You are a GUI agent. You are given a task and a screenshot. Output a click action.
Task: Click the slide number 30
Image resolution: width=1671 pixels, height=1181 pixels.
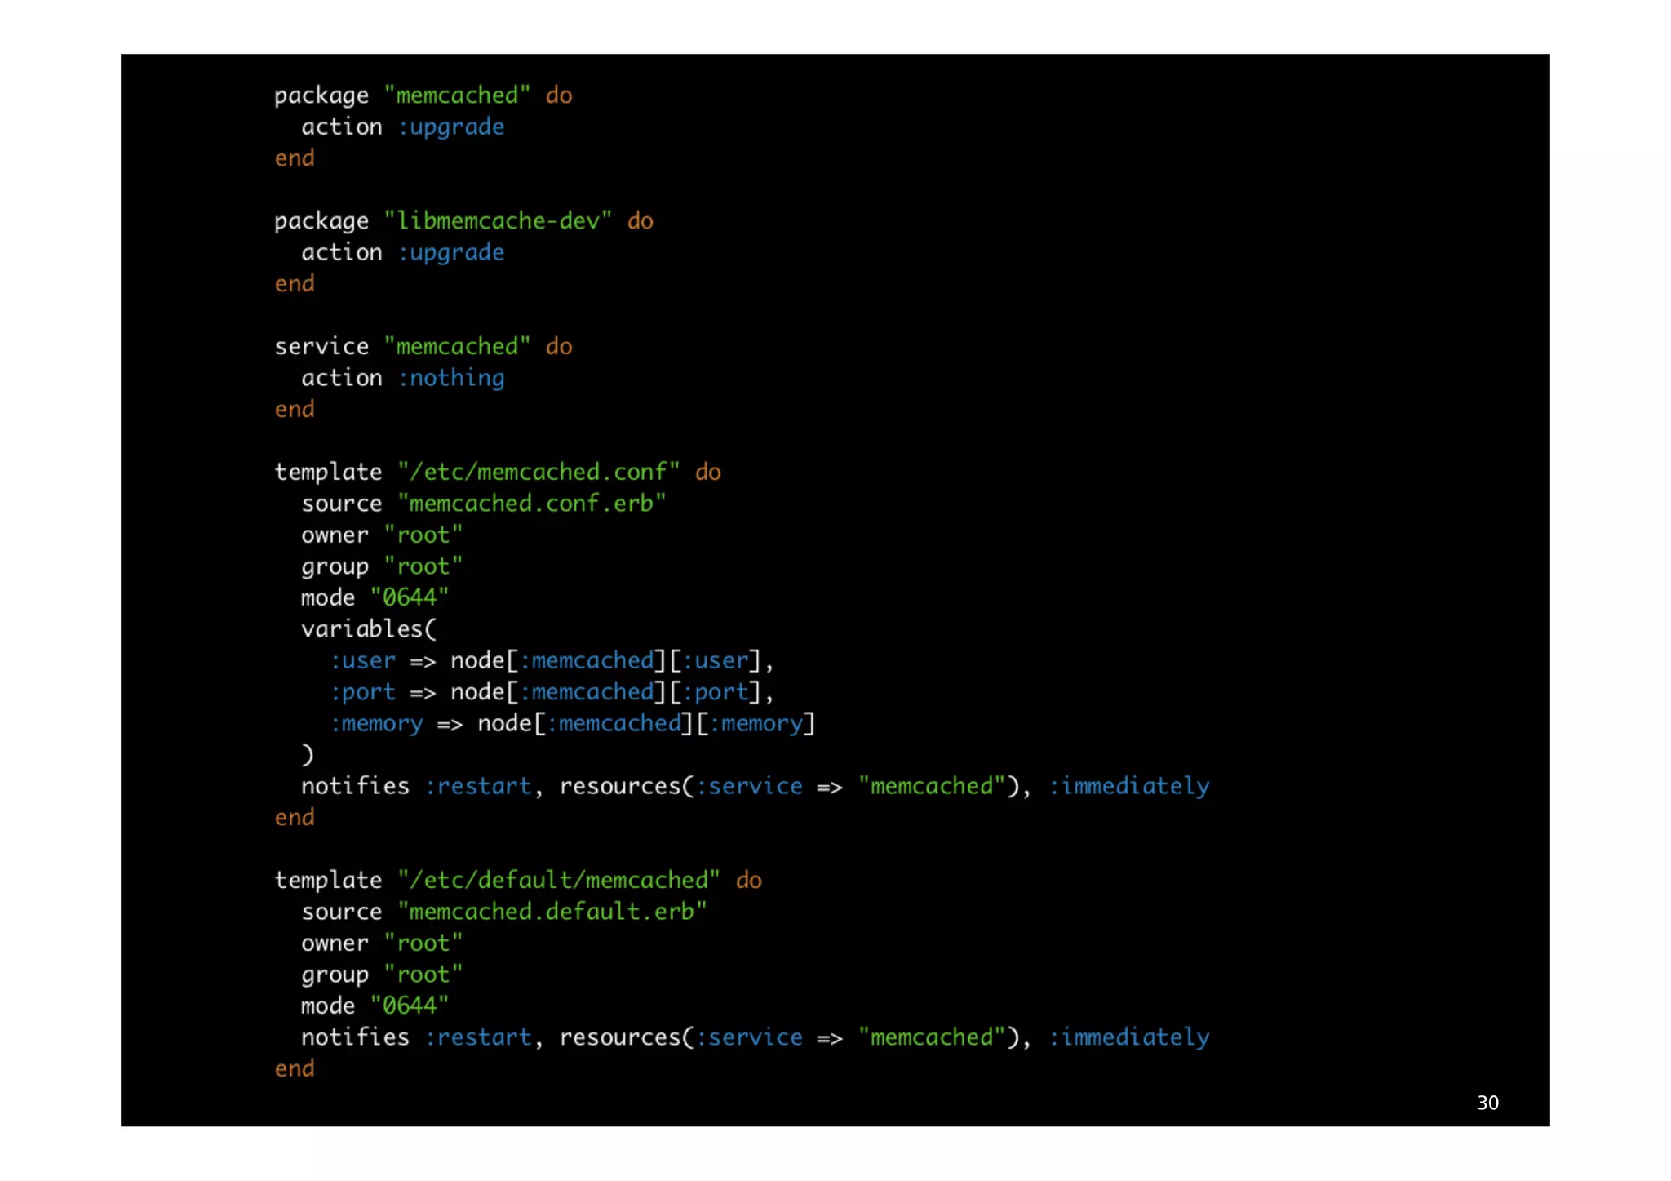1487,1103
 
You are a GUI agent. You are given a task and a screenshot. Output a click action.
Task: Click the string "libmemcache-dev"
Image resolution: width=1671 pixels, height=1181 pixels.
498,221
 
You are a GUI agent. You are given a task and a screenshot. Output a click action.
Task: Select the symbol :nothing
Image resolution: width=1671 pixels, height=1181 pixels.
451,378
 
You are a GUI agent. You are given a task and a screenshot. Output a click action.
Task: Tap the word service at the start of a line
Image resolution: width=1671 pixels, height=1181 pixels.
321,347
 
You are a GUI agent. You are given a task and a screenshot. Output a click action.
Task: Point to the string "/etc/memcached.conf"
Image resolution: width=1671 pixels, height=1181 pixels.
539,472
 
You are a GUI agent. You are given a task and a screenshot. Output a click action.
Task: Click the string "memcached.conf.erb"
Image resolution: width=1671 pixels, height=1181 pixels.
532,504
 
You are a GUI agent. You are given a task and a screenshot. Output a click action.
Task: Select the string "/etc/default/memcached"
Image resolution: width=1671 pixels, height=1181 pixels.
559,880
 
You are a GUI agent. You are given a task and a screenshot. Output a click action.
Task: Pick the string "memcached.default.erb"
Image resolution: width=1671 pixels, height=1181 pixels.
552,912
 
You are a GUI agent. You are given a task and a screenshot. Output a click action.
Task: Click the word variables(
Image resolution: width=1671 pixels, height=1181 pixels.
369,629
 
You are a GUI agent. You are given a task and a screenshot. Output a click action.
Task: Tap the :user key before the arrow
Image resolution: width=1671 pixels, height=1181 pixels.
363,660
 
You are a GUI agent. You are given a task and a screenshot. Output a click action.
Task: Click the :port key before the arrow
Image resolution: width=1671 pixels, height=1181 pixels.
363,692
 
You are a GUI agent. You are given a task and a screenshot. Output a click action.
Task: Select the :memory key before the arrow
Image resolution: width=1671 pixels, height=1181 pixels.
377,724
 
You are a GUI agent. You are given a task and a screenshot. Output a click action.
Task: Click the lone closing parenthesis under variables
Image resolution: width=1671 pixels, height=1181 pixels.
308,755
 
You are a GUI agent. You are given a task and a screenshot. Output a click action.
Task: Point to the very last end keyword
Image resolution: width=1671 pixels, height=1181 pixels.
295,1068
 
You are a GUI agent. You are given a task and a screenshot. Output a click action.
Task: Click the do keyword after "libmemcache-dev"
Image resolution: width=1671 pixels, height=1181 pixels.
640,221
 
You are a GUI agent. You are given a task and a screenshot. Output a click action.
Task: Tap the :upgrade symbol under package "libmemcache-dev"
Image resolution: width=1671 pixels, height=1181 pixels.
451,253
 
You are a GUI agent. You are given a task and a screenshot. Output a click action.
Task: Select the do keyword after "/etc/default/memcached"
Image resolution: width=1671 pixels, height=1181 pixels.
749,880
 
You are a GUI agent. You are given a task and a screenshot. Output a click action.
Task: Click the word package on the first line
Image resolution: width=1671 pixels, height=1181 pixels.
321,96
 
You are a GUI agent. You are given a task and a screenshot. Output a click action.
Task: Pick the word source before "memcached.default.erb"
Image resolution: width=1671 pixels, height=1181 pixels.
341,912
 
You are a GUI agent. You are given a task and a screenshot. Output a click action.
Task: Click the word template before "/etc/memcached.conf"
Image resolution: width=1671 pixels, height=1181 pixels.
328,472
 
